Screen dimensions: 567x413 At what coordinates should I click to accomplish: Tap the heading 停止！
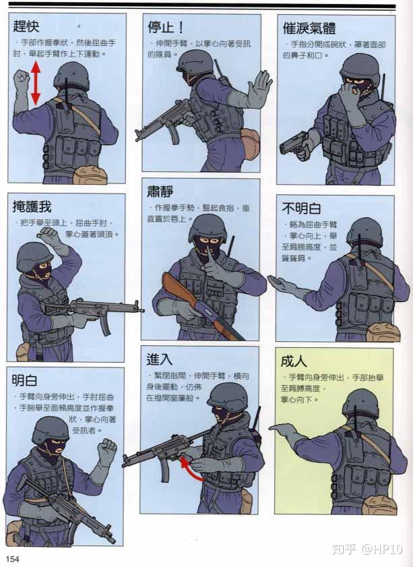click(x=165, y=27)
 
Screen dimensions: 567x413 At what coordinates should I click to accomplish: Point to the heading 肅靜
click(x=160, y=191)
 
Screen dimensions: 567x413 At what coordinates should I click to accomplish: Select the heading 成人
click(x=293, y=361)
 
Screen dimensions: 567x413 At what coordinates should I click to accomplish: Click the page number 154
click(x=13, y=558)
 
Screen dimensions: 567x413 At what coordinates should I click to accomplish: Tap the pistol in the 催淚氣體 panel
click(x=294, y=144)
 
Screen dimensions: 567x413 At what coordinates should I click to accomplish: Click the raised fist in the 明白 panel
click(x=106, y=450)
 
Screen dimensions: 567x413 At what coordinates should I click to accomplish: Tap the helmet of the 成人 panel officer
click(x=360, y=402)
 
